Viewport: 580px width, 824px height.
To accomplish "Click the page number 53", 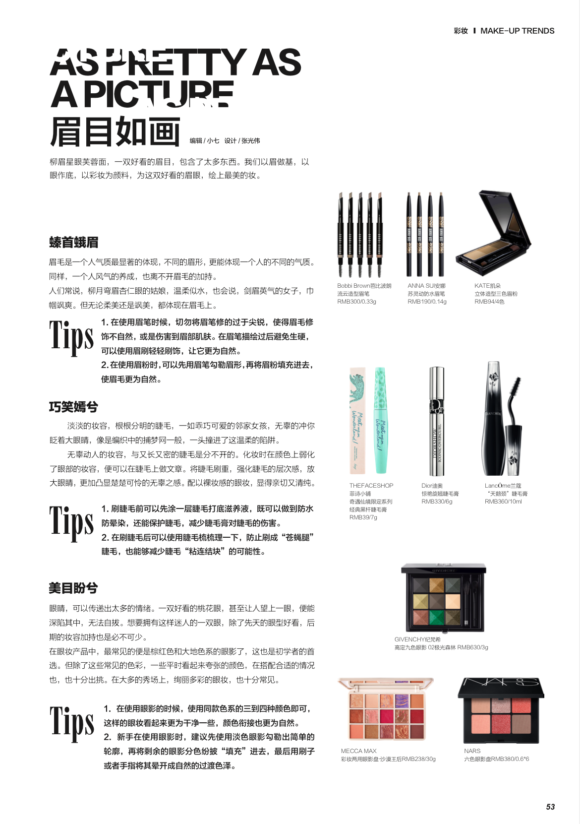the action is [x=550, y=807].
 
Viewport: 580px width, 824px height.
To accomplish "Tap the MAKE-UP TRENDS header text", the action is [x=517, y=31].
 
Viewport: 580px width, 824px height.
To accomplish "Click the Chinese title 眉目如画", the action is [x=115, y=131].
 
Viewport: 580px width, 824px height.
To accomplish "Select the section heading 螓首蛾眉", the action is [x=73, y=243].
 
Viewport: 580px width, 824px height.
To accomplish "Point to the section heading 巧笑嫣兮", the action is [x=73, y=407].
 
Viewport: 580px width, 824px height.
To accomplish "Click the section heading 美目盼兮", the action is [x=73, y=588].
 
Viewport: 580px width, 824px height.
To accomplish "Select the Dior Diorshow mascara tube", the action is [x=437, y=421].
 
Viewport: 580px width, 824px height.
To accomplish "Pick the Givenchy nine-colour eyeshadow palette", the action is [x=443, y=597].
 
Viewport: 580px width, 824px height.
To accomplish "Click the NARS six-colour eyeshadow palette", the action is [x=501, y=710].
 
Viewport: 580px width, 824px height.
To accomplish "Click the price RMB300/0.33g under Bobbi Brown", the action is [x=356, y=302].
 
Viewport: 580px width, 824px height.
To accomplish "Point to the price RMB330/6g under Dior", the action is [x=437, y=502].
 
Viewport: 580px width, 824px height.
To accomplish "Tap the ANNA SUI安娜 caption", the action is [x=426, y=286].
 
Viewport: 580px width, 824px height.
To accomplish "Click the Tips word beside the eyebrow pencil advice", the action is [x=72, y=336].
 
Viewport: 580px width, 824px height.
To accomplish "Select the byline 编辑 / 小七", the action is [x=204, y=140].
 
